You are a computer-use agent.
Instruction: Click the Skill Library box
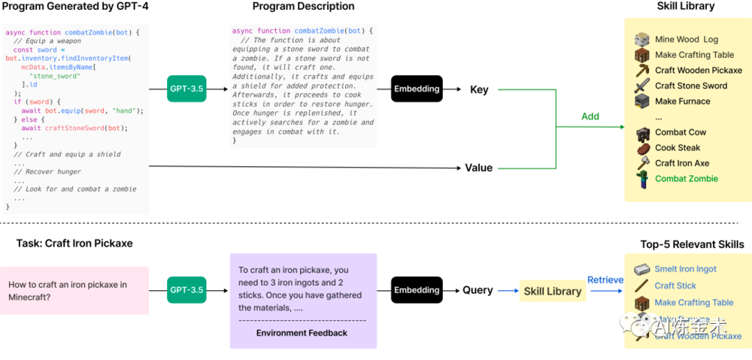553,291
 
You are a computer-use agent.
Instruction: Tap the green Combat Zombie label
686,179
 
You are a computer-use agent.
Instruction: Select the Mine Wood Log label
686,39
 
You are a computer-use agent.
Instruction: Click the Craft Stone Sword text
690,86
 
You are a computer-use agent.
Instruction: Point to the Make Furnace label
682,101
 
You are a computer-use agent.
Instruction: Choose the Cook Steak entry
678,148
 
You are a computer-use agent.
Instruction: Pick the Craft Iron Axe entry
681,163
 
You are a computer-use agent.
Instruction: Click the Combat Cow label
680,132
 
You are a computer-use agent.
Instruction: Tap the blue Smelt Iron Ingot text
685,269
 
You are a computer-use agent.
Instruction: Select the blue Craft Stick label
675,286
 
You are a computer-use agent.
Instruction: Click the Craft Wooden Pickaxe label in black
698,71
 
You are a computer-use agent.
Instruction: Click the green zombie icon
641,179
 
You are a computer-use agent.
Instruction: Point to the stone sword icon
641,86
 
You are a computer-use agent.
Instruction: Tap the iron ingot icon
641,269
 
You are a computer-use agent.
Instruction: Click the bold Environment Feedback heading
302,333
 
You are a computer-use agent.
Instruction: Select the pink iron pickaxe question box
75,290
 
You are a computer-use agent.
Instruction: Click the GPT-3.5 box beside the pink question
186,290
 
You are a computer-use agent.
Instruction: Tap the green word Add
590,116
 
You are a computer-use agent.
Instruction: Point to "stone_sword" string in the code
53,76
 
